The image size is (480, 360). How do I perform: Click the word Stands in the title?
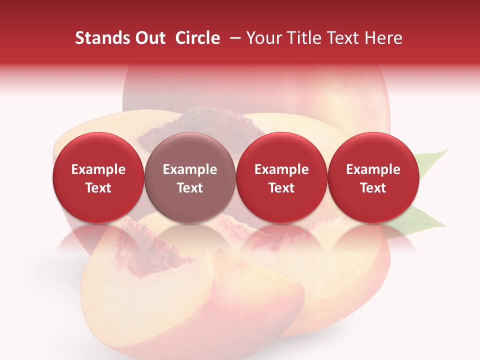tap(99, 38)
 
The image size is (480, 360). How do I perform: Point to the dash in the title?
tap(233, 38)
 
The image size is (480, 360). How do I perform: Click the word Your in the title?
tap(262, 38)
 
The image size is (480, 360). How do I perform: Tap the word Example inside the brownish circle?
tap(189, 169)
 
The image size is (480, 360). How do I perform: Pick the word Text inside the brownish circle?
tap(189, 188)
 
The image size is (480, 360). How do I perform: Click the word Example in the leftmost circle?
tap(98, 169)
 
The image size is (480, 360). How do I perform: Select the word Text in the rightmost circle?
tap(373, 188)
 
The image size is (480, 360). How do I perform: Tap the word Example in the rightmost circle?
tap(373, 169)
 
